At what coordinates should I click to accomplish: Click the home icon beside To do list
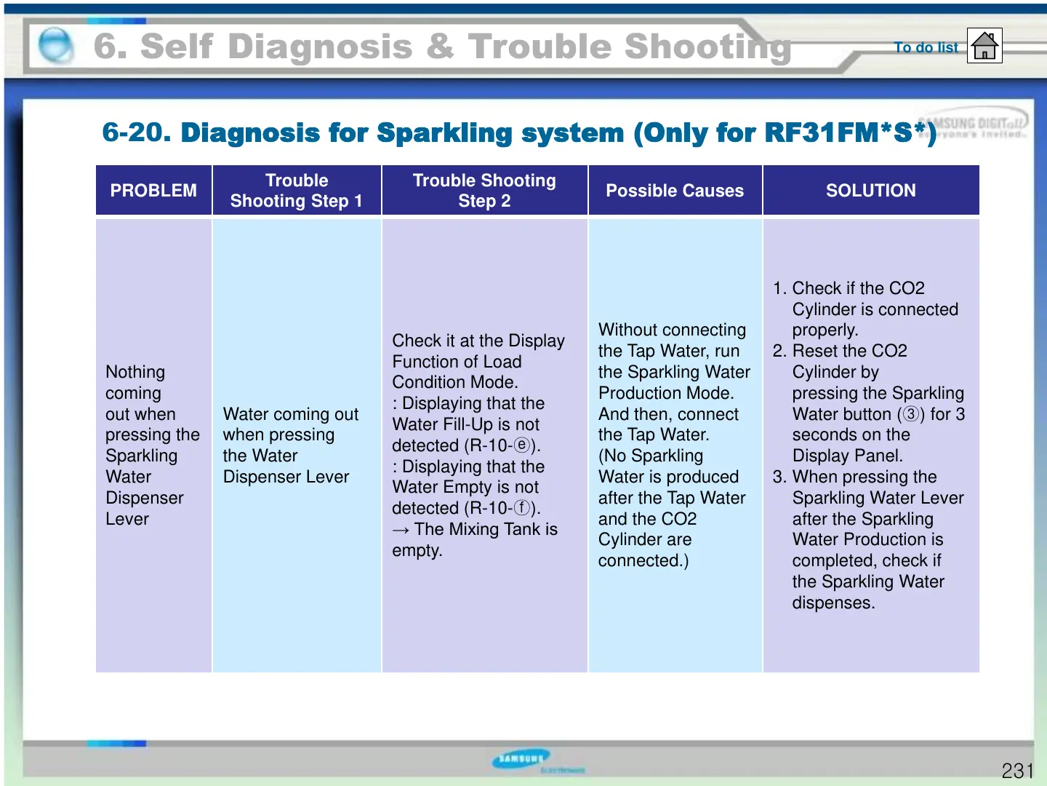pos(984,46)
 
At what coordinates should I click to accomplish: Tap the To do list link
pos(926,47)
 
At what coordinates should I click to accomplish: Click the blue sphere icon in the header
pos(55,46)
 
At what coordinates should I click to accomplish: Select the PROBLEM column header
pos(153,191)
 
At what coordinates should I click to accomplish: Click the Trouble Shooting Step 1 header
pos(297,191)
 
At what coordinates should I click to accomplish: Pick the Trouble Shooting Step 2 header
pos(484,191)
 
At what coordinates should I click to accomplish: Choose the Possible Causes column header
pos(675,191)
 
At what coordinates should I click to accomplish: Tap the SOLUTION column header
pos(870,191)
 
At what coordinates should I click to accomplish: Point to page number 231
pos(1017,771)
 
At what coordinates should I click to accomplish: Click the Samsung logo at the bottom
pos(521,759)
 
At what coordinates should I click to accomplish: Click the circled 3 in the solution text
pos(911,414)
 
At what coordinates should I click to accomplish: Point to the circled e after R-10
pos(521,445)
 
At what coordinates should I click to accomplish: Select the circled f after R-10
pos(521,508)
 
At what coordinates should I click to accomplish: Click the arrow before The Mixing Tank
pos(401,530)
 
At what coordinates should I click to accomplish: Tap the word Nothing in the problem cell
pos(135,372)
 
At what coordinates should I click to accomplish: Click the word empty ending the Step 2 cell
pos(416,551)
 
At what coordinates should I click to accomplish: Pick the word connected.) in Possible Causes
pos(643,561)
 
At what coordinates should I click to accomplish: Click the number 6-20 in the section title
pos(136,132)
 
